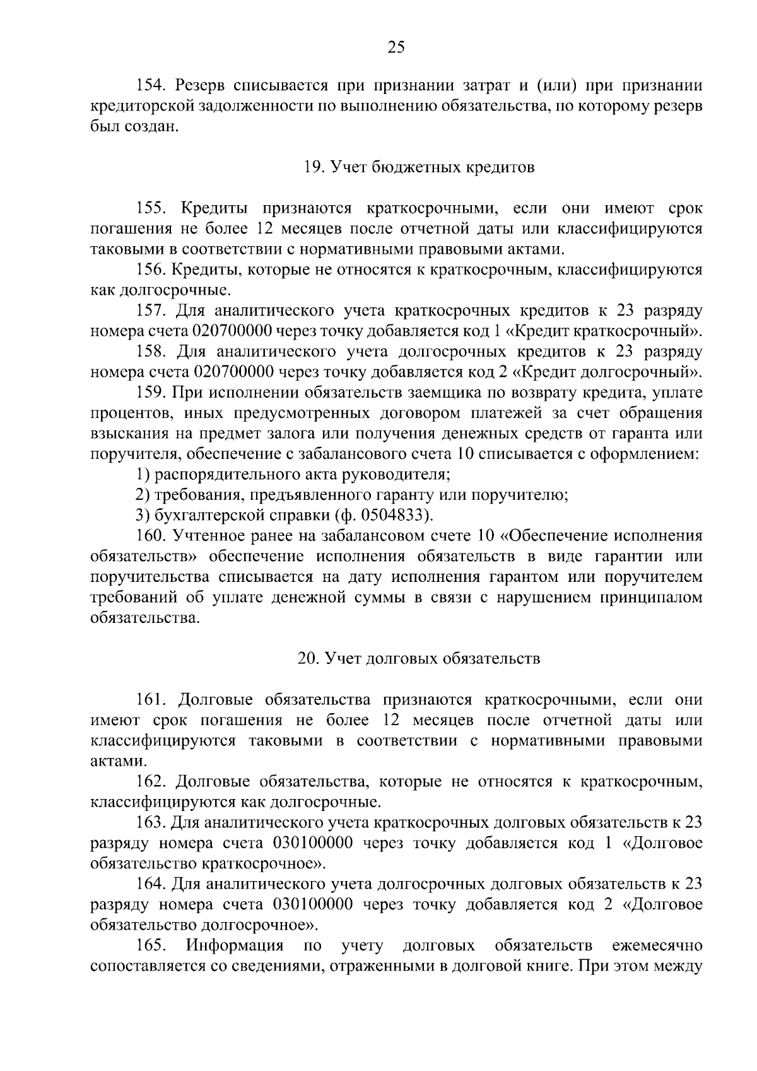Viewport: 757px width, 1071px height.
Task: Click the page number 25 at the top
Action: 396,47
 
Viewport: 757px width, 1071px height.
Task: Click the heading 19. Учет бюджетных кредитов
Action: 418,168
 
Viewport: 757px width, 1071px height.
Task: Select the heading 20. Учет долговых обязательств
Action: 418,659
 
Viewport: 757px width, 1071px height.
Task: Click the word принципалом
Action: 654,598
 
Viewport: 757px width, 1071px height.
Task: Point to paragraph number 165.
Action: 151,946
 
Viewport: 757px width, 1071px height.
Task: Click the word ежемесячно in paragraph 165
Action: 657,946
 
